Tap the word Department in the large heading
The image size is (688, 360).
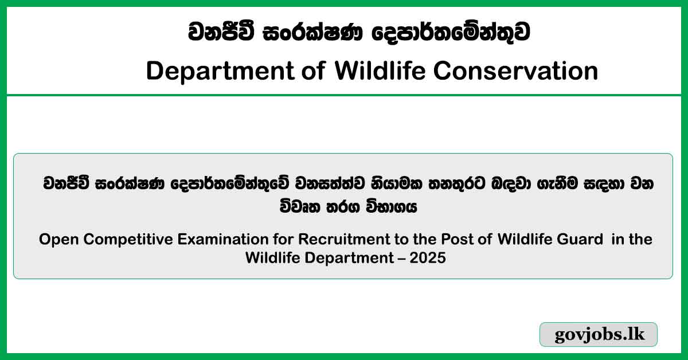pos(217,71)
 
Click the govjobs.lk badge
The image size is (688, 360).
pos(599,335)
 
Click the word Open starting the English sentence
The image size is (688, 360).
pos(56,239)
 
